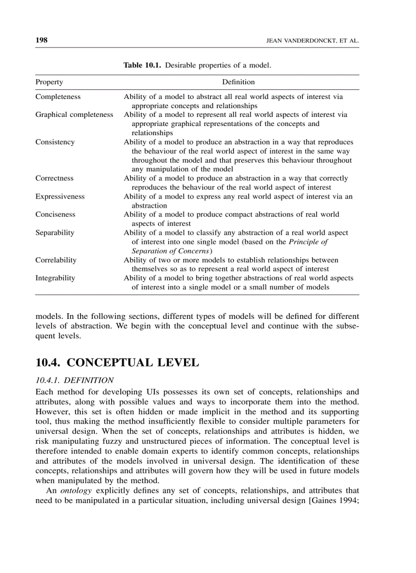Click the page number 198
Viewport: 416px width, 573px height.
[x=41, y=40]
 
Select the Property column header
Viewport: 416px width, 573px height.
[x=49, y=82]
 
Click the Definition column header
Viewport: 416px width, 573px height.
[x=238, y=82]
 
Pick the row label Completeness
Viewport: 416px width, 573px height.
[x=58, y=96]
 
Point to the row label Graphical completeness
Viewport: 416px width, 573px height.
[x=74, y=115]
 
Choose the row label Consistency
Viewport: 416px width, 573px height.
[x=55, y=142]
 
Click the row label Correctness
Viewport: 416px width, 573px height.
[x=54, y=178]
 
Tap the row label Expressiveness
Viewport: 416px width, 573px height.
[x=60, y=196]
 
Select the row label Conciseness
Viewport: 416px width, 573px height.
[x=55, y=214]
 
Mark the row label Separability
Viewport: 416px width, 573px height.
[x=55, y=233]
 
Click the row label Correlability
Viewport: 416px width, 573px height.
[x=56, y=260]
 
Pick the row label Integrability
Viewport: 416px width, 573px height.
[x=55, y=278]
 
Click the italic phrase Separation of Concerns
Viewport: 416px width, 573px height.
[x=171, y=251]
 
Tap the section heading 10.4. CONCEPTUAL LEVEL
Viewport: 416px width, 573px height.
[x=117, y=363]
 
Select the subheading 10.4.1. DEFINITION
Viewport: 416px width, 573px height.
[x=74, y=380]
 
